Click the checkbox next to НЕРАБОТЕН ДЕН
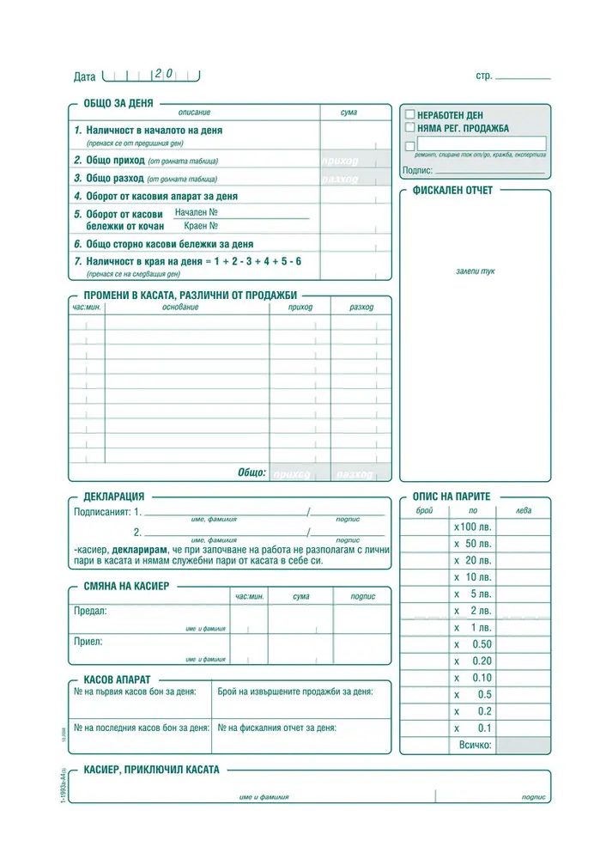pyautogui.click(x=409, y=114)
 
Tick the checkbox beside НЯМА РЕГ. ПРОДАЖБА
pyautogui.click(x=409, y=128)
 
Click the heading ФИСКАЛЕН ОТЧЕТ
pyautogui.click(x=452, y=191)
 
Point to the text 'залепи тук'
pyautogui.click(x=475, y=271)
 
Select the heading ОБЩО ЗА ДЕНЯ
pyautogui.click(x=118, y=103)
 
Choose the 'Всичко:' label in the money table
pyautogui.click(x=476, y=745)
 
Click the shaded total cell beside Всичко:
pyautogui.click(x=523, y=745)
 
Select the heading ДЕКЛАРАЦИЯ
pyautogui.click(x=113, y=497)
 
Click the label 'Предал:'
pyautogui.click(x=91, y=611)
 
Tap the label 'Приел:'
pyautogui.click(x=89, y=641)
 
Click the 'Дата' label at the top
pyautogui.click(x=85, y=76)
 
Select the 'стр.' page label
pyautogui.click(x=483, y=76)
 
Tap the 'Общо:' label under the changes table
pyautogui.click(x=251, y=473)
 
